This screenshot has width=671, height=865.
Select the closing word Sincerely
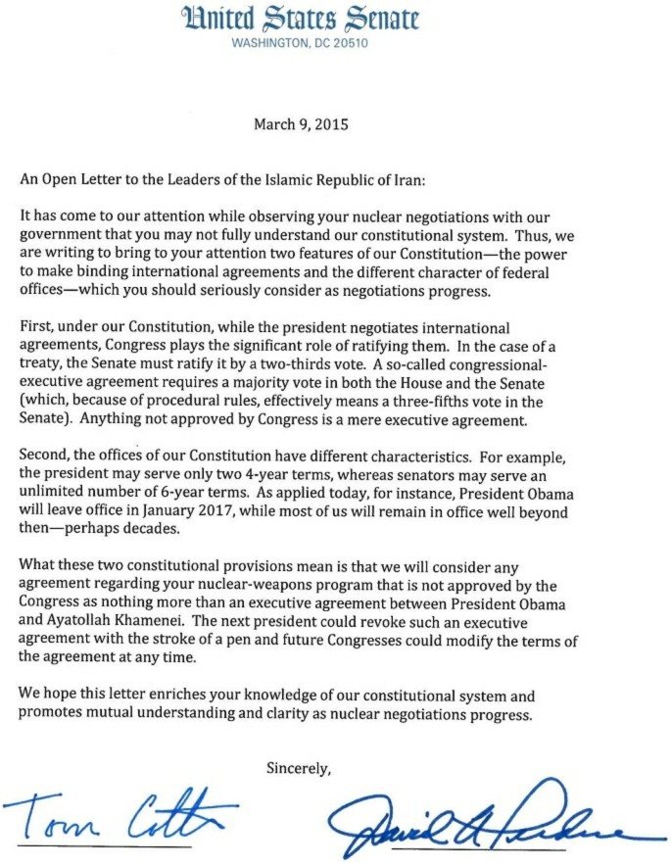coord(300,769)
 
